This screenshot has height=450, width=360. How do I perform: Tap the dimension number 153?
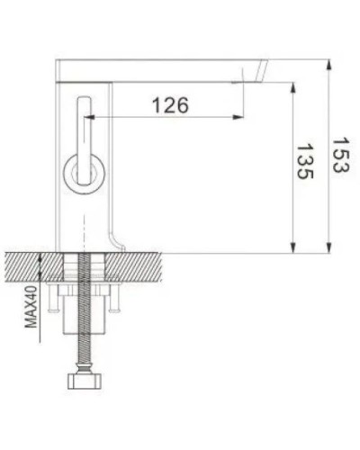[x=339, y=155]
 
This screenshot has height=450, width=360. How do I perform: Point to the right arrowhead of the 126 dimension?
[x=238, y=118]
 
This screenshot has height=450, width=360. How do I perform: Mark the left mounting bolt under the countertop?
[x=58, y=301]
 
